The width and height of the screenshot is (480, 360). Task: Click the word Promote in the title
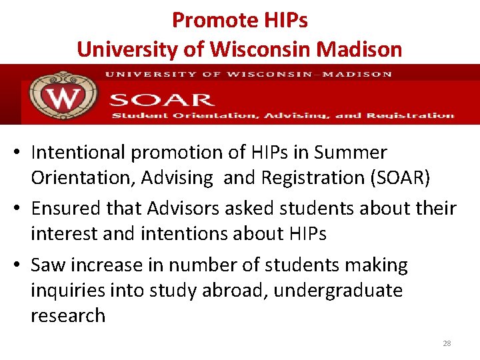[x=203, y=21]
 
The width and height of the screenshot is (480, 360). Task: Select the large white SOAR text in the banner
[x=161, y=101]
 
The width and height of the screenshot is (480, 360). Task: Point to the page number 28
[x=447, y=343]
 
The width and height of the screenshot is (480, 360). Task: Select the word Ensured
[x=71, y=209]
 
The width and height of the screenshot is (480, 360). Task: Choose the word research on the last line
[x=68, y=315]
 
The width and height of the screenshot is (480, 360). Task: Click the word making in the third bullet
[x=377, y=265]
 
